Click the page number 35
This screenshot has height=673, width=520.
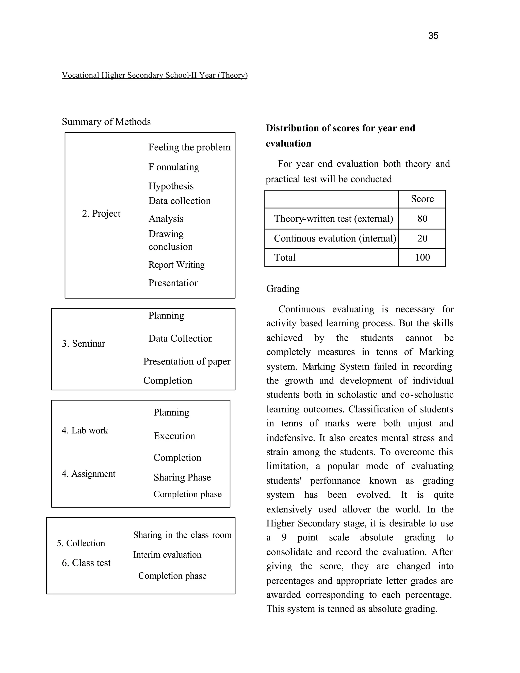[x=433, y=36]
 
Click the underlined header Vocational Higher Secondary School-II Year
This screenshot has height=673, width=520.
[x=154, y=75]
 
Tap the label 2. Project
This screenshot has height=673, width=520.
[x=101, y=213]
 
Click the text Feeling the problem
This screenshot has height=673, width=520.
[x=189, y=147]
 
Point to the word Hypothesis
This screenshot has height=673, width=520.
[x=171, y=186]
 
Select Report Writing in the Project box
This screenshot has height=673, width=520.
[x=176, y=265]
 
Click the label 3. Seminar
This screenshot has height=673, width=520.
[x=83, y=343]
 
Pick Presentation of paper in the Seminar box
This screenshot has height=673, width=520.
[x=186, y=361]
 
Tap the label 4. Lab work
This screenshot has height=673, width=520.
[x=85, y=430]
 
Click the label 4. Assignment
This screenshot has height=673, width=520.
[x=88, y=474]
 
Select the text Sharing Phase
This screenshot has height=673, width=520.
[x=182, y=477]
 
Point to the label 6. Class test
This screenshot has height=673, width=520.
[x=86, y=563]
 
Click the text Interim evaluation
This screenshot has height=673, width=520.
[x=167, y=555]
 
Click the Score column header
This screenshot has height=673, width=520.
[x=422, y=199]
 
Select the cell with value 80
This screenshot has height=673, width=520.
[x=422, y=218]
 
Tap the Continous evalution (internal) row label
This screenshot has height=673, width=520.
[x=335, y=238]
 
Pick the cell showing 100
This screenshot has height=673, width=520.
[x=422, y=257]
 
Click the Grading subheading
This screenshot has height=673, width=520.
[x=283, y=289]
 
